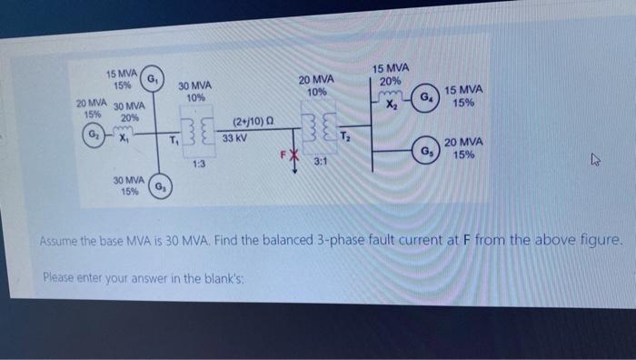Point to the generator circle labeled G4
click(424, 97)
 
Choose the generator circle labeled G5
click(425, 149)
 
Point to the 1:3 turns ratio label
click(198, 164)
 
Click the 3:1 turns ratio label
click(321, 161)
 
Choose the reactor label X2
click(392, 105)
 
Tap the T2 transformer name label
click(344, 135)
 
